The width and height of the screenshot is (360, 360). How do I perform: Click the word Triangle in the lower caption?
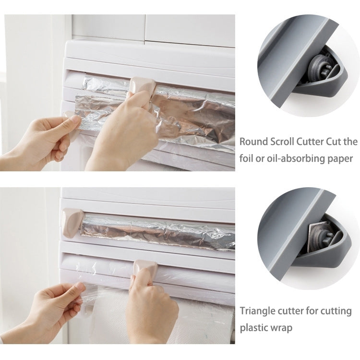257,311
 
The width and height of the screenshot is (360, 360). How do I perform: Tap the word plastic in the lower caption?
254,329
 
